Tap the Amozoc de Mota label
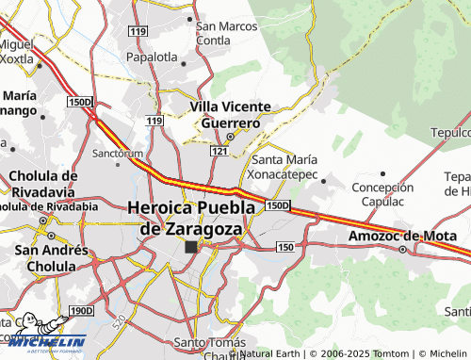pyautogui.click(x=395, y=236)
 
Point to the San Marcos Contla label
pyautogui.click(x=226, y=33)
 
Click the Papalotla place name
pyautogui.click(x=152, y=57)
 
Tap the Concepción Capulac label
pyautogui.click(x=382, y=194)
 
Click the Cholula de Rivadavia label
pyautogui.click(x=42, y=183)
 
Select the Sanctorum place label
pyautogui.click(x=118, y=153)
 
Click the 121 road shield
pyautogui.click(x=219, y=151)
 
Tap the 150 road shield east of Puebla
pyautogui.click(x=286, y=246)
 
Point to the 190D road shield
pyautogui.click(x=82, y=310)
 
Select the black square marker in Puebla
pyautogui.click(x=191, y=247)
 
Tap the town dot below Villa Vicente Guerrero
pyautogui.click(x=229, y=136)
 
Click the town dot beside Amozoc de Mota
pyautogui.click(x=402, y=250)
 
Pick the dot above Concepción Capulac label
pyautogui.click(x=382, y=174)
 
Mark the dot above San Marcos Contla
pyautogui.click(x=190, y=17)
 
